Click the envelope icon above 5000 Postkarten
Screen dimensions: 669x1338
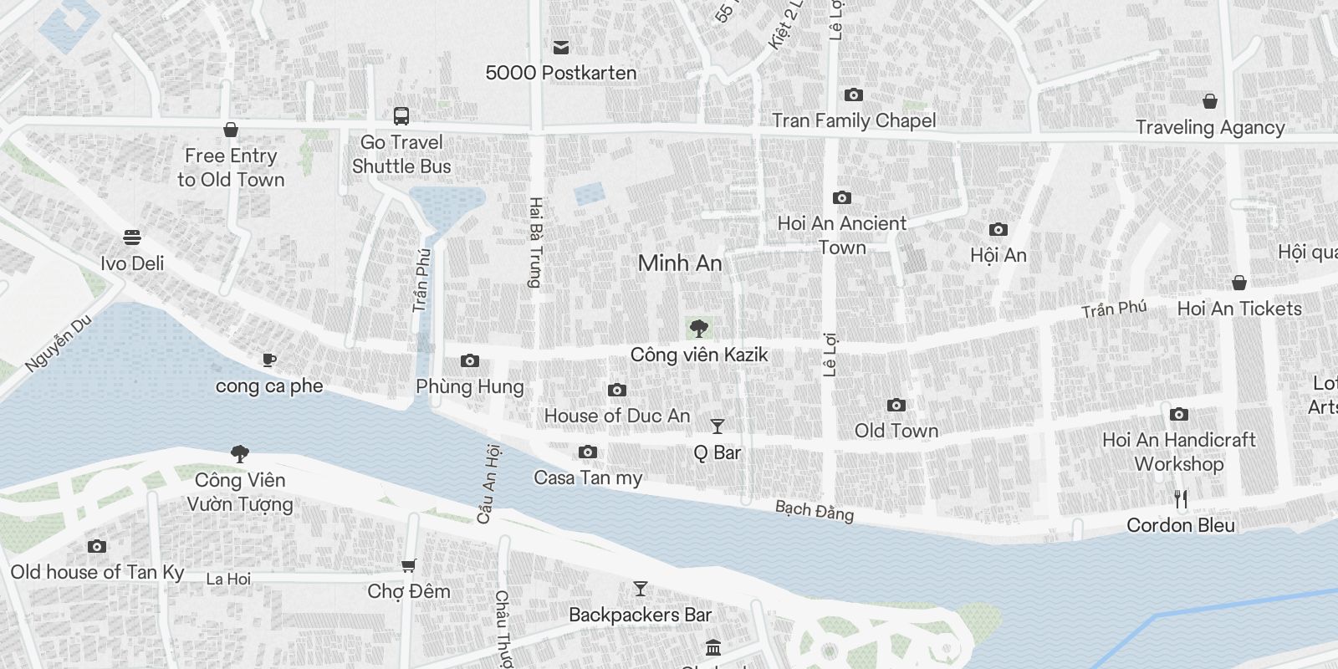pos(561,48)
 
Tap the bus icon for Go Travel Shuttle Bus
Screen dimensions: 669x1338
pos(401,116)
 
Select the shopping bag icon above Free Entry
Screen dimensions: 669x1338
pos(231,130)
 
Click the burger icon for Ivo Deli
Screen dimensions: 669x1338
pos(132,237)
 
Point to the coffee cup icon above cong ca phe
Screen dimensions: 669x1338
pos(268,360)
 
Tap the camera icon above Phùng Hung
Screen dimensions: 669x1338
pos(470,361)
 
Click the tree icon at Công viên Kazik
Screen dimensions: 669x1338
pos(698,329)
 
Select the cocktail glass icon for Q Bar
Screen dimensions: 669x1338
pos(717,426)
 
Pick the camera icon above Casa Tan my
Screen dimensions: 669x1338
pos(588,452)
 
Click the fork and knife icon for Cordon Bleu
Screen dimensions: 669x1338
pos(1181,499)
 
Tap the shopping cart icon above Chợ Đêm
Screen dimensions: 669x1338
pos(408,566)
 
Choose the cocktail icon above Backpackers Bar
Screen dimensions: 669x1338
pos(640,589)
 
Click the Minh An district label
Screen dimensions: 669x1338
pos(679,263)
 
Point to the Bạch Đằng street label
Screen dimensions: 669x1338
pos(815,510)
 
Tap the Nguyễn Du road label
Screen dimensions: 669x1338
pos(59,345)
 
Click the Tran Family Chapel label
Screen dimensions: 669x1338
pos(854,120)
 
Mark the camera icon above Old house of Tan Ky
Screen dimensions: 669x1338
pos(97,547)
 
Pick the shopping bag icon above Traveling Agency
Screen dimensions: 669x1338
pos(1209,102)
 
